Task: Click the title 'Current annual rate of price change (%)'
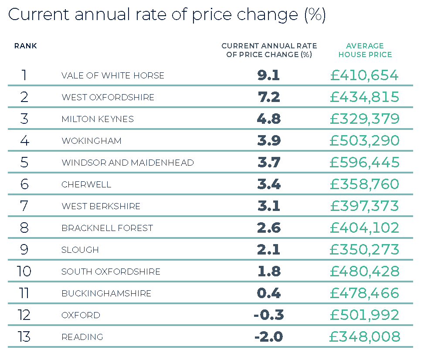(x=166, y=15)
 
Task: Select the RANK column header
(x=25, y=46)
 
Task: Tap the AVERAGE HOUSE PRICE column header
(x=365, y=50)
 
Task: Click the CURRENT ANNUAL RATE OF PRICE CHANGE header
(x=269, y=50)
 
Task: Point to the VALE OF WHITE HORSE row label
(x=113, y=75)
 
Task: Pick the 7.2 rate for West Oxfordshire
(x=268, y=97)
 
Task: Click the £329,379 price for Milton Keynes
(x=364, y=119)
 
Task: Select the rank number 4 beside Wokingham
(x=24, y=141)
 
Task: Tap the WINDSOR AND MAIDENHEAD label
(x=127, y=163)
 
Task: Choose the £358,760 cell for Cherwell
(x=364, y=184)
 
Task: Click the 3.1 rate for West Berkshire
(x=268, y=206)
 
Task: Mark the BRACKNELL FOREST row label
(x=107, y=228)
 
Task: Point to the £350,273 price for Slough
(x=364, y=250)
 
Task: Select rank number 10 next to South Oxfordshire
(x=24, y=272)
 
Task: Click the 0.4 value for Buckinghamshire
(x=268, y=293)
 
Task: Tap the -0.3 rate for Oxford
(x=268, y=315)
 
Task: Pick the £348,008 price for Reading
(x=364, y=337)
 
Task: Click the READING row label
(x=82, y=337)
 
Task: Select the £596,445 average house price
(x=364, y=163)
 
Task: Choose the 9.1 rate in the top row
(x=268, y=75)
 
